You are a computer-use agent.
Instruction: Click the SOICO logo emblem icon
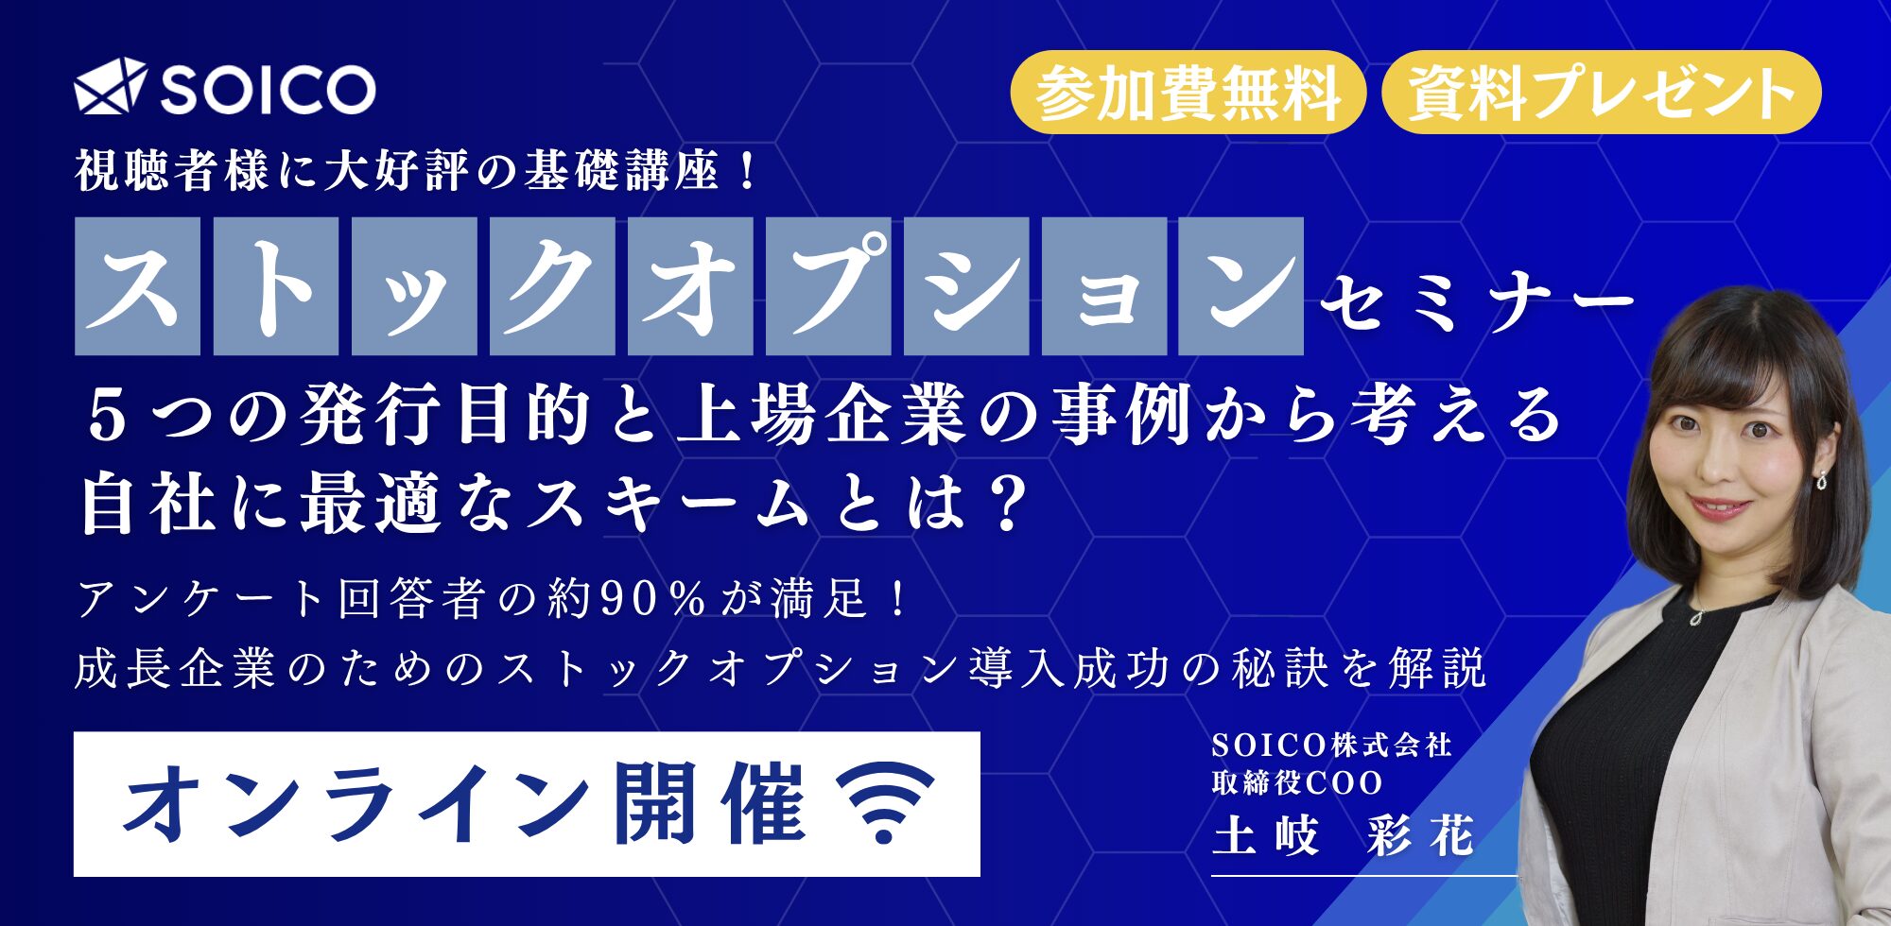click(x=111, y=87)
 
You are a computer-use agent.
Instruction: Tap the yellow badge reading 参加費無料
click(x=1188, y=93)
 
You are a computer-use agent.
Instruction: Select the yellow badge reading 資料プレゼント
click(x=1602, y=93)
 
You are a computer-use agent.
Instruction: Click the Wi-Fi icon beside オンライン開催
click(x=886, y=803)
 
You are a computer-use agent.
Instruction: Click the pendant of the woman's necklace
click(x=1697, y=617)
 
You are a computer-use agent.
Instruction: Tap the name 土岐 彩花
click(x=1344, y=836)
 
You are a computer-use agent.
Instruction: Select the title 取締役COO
click(x=1297, y=782)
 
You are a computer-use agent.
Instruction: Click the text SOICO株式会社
click(x=1331, y=746)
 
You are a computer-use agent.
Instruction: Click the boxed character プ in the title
click(x=828, y=286)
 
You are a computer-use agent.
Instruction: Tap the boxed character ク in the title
click(x=552, y=286)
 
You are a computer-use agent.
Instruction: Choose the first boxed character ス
click(x=137, y=286)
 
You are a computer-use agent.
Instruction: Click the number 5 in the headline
click(x=106, y=417)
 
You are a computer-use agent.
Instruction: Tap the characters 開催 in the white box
click(x=710, y=803)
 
